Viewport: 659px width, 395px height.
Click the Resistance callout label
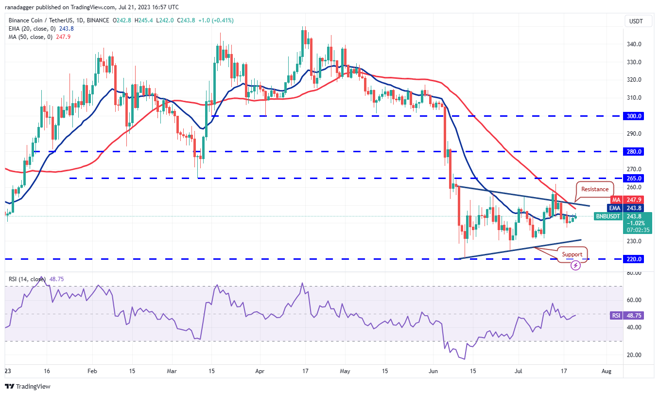point(594,189)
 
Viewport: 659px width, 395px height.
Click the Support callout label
point(572,254)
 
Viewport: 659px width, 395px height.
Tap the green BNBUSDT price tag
point(607,216)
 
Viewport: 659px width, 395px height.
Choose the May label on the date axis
point(345,371)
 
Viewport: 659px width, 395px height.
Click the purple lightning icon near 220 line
point(575,266)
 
